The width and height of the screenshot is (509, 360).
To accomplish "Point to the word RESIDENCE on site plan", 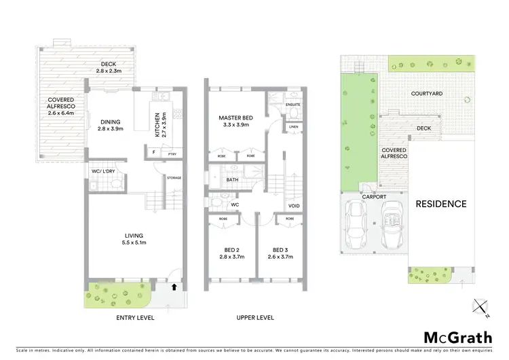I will pos(441,204).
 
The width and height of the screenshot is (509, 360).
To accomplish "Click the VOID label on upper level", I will pos(294,205).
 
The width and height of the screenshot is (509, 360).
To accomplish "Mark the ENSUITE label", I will pos(293,105).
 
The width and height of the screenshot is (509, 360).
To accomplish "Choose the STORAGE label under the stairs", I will pos(174,178).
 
